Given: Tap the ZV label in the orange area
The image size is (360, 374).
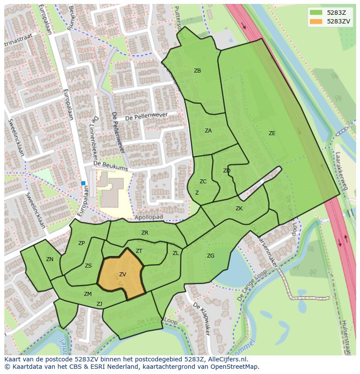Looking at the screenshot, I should click(x=123, y=275).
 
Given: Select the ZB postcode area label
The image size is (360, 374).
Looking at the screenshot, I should click(x=197, y=70).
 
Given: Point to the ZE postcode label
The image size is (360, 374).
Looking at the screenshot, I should click(x=272, y=133).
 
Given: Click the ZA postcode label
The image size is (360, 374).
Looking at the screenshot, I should click(x=208, y=130).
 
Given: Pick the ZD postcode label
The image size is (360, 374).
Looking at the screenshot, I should click(x=227, y=171).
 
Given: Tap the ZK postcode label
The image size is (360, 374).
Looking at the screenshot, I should click(x=239, y=209).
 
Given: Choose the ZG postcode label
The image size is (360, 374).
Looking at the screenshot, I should click(x=210, y=256).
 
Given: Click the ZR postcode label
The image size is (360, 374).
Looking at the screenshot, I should click(x=145, y=233).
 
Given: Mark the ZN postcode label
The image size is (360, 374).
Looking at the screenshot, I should click(x=50, y=259).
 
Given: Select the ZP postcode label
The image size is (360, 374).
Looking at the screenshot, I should click(x=81, y=243).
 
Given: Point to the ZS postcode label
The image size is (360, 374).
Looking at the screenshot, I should click(x=88, y=266).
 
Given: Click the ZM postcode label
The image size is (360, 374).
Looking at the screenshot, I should click(x=88, y=294).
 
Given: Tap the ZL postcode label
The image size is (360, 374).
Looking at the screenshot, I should click(x=176, y=253).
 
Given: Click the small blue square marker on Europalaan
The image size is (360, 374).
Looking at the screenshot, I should click(x=83, y=183).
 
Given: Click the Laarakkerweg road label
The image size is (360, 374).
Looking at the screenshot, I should click(x=342, y=171).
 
